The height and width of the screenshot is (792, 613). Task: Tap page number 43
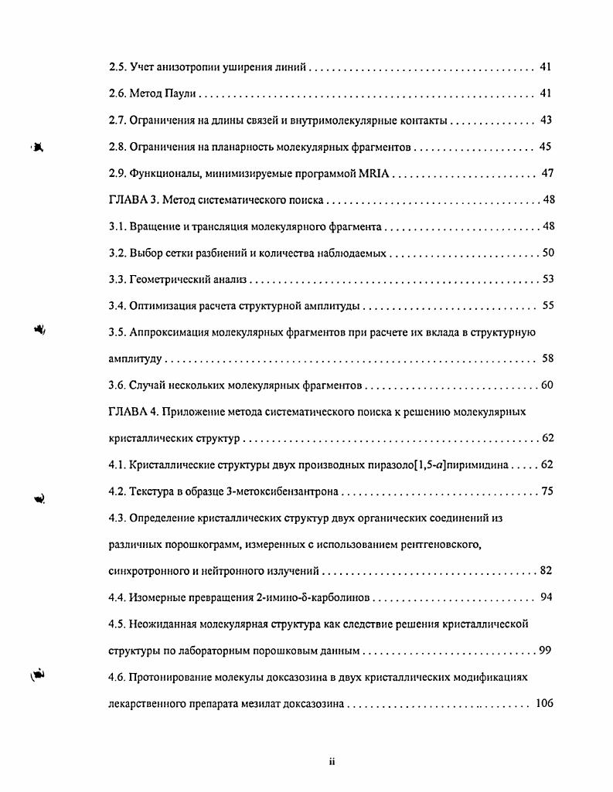546,121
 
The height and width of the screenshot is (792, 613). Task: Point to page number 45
546,147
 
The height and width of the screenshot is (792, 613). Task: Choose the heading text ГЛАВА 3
134,200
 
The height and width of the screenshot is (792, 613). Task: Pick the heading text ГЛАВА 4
134,412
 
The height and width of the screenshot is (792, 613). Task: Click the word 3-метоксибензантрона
291,491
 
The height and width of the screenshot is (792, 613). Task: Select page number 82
546,571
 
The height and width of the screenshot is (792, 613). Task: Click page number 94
546,597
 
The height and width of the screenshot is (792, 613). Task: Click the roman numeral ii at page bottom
331,762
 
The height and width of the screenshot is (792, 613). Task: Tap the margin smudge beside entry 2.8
36,146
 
